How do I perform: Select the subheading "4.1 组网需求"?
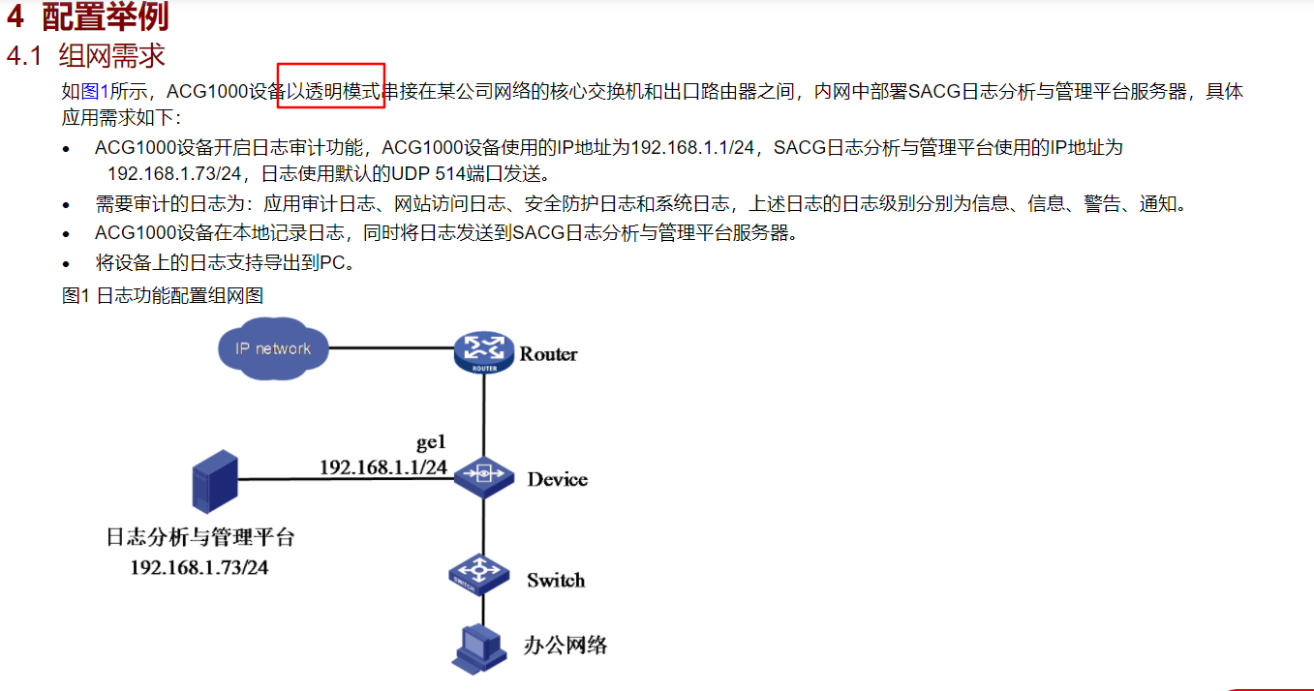(86, 55)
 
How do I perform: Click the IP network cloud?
(273, 348)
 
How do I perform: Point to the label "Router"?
(548, 354)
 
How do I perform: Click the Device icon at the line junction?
(483, 475)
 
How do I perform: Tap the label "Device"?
(557, 479)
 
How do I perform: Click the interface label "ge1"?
(431, 443)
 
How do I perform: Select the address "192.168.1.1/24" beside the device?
(383, 467)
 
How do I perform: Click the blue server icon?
(214, 481)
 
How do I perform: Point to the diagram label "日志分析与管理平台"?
(200, 538)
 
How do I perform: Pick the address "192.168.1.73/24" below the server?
(199, 567)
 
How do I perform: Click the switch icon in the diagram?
(479, 573)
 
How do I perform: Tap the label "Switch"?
(556, 581)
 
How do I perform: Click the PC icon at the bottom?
(479, 646)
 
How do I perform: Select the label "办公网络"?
(565, 646)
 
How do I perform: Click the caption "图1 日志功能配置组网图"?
(163, 295)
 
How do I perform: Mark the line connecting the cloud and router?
(391, 348)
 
